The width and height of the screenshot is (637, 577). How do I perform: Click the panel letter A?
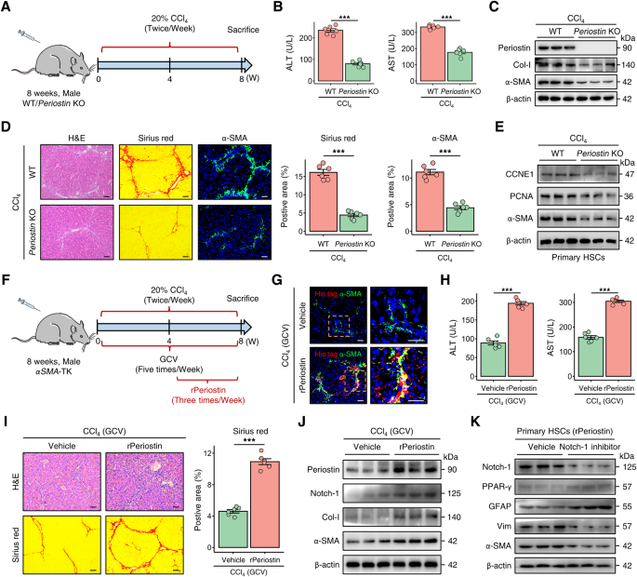[x=7, y=8]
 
